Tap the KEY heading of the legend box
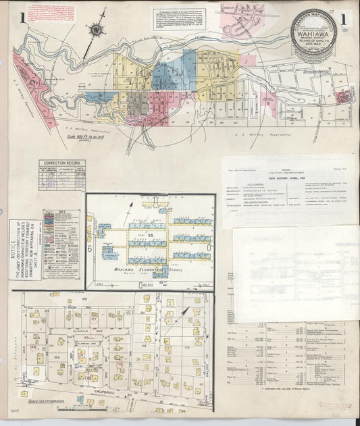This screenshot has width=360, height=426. pos(66,213)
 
